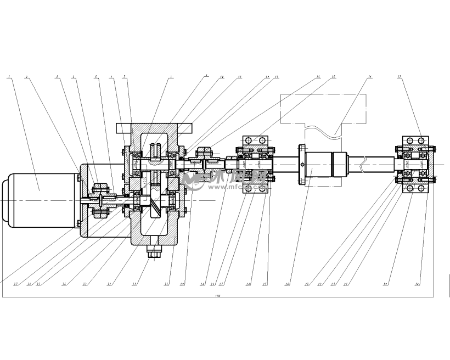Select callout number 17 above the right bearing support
click(399, 78)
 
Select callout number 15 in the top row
click(334, 77)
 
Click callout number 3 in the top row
click(57, 77)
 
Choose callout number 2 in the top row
click(26, 77)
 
